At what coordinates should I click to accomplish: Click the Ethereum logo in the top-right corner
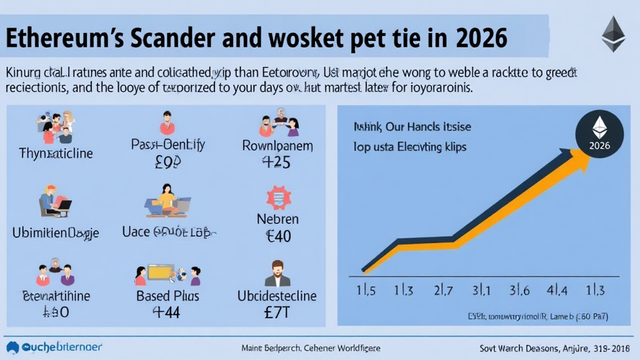(x=613, y=34)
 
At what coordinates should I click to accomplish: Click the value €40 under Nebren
(x=277, y=237)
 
